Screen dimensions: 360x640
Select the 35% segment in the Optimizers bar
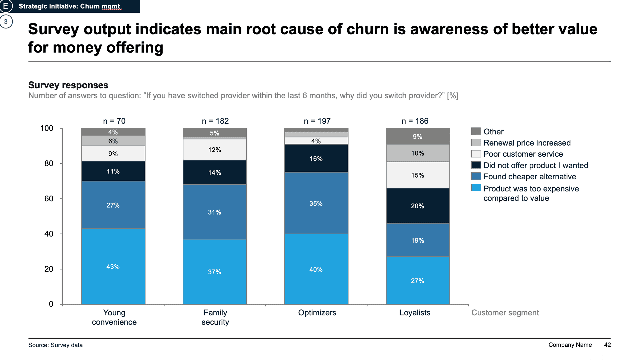(x=316, y=203)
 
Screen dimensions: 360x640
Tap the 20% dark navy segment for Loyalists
(x=417, y=206)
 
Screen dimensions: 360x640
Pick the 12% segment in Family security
(x=214, y=150)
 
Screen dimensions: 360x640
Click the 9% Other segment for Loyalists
(x=417, y=136)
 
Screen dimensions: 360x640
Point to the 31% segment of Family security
(x=214, y=212)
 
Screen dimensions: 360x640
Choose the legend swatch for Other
(x=476, y=131)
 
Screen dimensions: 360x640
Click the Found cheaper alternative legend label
(x=529, y=177)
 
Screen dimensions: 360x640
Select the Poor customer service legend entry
(x=523, y=154)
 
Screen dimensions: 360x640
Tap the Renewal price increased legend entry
(x=527, y=143)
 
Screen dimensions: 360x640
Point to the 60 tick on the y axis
(x=49, y=199)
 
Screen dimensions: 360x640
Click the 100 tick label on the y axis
(x=47, y=128)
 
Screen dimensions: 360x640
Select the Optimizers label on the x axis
(x=317, y=313)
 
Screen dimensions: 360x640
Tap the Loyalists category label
(x=415, y=313)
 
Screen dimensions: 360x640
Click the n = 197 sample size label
(x=317, y=121)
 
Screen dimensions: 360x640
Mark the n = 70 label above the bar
(x=114, y=121)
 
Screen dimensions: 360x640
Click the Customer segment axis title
(x=505, y=313)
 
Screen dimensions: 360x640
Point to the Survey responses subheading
(x=68, y=85)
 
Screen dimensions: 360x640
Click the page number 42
(x=607, y=345)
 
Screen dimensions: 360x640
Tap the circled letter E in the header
(x=6, y=6)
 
